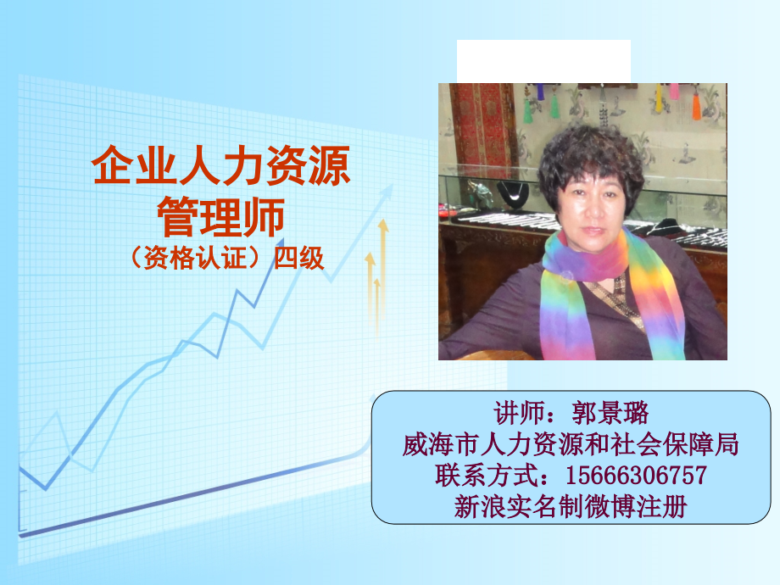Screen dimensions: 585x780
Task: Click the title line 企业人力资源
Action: click(220, 167)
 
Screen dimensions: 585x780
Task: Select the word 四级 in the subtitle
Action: click(298, 257)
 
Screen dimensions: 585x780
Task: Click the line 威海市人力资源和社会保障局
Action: click(571, 443)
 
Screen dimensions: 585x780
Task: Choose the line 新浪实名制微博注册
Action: click(571, 505)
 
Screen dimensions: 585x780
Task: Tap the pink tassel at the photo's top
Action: click(674, 91)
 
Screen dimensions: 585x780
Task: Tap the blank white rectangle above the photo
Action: click(543, 60)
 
